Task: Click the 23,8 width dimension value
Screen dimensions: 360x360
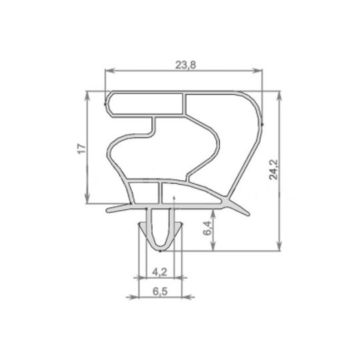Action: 185,64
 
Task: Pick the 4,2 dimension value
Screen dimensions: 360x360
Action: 159,271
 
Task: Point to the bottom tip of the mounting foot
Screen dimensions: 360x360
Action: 160,251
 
